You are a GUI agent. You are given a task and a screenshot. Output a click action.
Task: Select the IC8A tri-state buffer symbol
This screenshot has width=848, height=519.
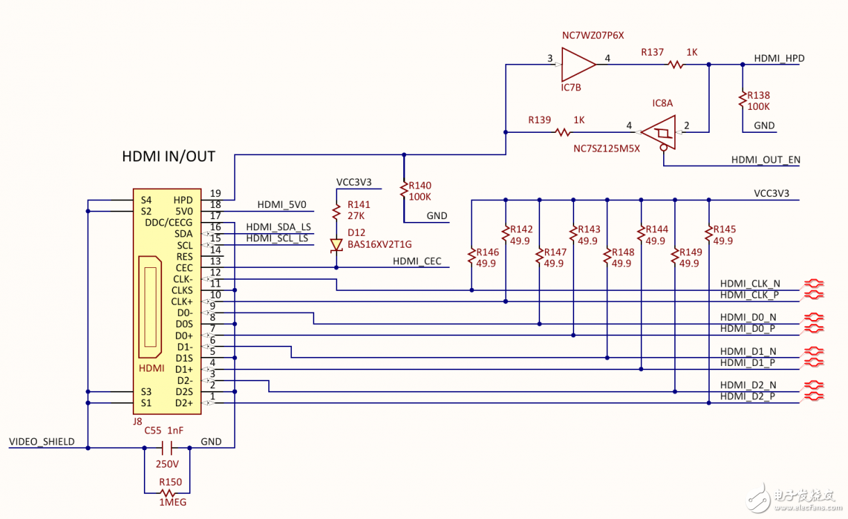658,131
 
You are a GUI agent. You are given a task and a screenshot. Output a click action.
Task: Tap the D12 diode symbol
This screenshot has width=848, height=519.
336,245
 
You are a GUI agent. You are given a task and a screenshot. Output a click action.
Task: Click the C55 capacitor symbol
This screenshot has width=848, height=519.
166,448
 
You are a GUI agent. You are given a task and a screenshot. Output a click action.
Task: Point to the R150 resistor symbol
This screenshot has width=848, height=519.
167,493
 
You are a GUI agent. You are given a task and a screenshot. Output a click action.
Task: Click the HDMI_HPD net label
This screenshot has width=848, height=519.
778,59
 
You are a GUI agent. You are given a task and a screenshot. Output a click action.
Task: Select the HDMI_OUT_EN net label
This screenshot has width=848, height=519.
765,160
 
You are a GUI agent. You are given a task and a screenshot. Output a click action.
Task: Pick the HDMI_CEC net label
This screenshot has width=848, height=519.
417,262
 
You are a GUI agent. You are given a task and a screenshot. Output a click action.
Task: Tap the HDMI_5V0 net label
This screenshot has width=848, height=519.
282,205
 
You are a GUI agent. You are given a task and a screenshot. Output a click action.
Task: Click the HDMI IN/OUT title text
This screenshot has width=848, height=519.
168,157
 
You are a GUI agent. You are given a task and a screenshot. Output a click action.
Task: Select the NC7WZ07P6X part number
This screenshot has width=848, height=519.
593,35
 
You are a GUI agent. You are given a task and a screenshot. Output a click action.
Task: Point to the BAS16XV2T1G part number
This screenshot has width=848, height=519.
380,244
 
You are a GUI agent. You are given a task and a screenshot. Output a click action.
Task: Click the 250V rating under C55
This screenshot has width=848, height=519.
167,464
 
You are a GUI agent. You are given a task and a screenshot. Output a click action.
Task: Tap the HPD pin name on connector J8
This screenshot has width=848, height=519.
184,200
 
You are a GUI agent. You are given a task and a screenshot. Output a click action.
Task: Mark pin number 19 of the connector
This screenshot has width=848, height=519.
215,193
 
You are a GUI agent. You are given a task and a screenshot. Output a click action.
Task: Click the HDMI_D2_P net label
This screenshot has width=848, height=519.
747,397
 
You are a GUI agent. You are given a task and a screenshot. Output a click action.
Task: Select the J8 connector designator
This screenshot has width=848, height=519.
137,421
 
